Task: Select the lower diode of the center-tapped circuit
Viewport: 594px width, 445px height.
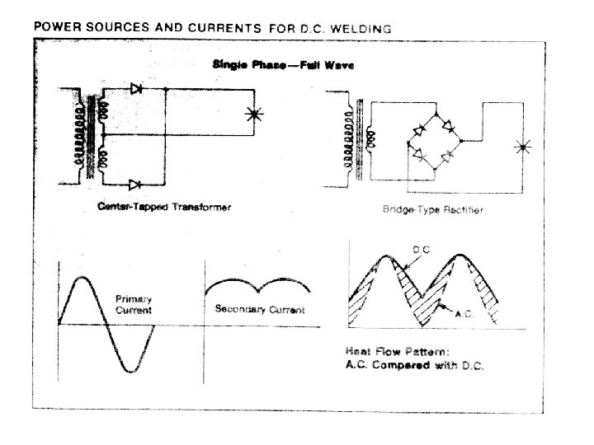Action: tap(137, 183)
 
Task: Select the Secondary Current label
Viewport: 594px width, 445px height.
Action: tap(259, 310)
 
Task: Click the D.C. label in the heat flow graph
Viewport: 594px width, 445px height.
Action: tap(421, 248)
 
